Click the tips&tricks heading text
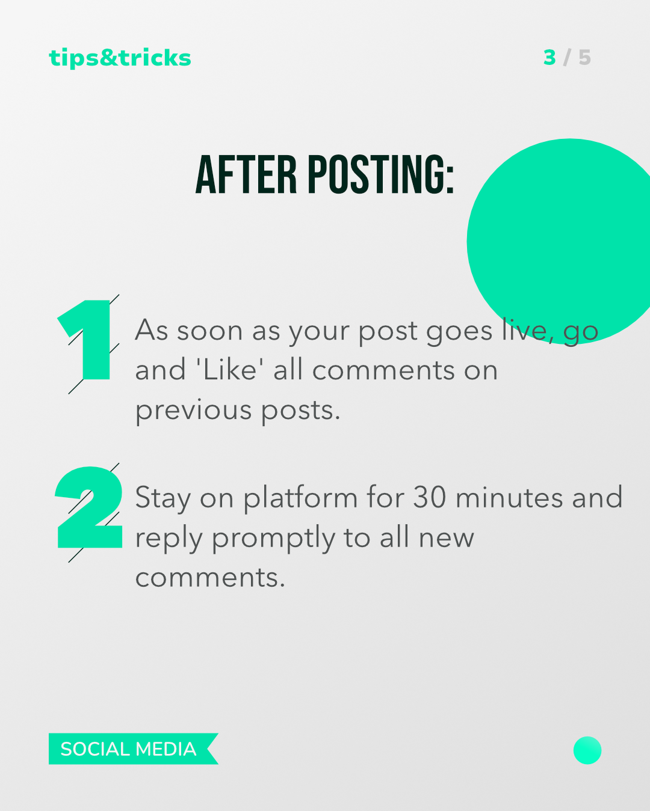click(120, 58)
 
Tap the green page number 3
click(549, 58)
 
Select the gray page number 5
click(584, 58)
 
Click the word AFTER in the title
click(246, 174)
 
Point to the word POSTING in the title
click(381, 174)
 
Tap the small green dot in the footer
click(587, 750)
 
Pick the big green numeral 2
click(89, 507)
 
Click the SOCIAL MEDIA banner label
click(128, 749)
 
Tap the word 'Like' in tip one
click(230, 370)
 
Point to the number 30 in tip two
click(430, 497)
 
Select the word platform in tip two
click(300, 498)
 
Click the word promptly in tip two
click(273, 538)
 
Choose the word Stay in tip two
click(162, 498)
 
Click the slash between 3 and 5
click(566, 58)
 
